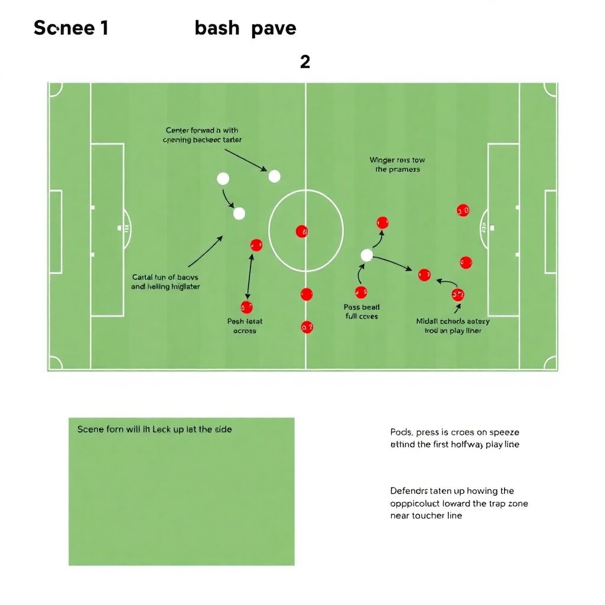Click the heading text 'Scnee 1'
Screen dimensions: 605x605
tap(71, 28)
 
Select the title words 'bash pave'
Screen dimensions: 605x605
tap(245, 28)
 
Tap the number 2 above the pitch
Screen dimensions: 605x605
tap(305, 61)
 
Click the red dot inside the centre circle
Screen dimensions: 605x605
tap(301, 232)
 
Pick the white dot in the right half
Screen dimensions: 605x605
tap(366, 255)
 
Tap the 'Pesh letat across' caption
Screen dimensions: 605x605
tap(245, 326)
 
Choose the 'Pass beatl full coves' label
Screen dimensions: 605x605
tap(362, 311)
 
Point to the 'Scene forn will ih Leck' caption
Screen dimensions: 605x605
tap(154, 430)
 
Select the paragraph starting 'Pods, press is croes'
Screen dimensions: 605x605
tap(455, 438)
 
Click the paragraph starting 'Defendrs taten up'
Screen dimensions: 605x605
tap(459, 503)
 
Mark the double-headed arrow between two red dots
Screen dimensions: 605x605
tap(251, 277)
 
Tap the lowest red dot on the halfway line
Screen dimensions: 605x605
tap(307, 326)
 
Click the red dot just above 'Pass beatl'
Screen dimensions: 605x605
tap(361, 292)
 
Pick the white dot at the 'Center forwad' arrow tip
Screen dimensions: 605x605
tap(274, 176)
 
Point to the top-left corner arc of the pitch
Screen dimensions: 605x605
tap(56, 90)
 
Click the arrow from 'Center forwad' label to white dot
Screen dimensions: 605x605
tap(245, 160)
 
